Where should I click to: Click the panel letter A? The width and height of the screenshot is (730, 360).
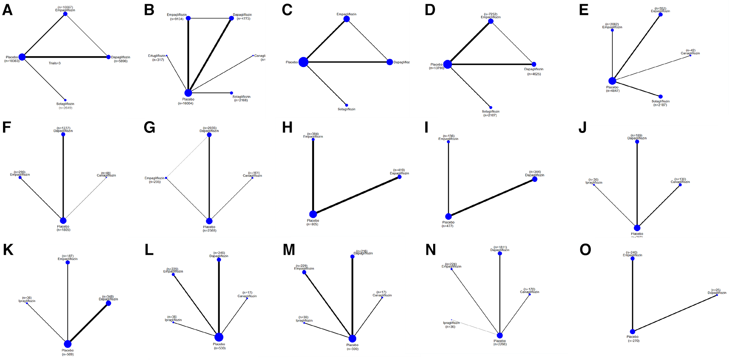[x=7, y=10]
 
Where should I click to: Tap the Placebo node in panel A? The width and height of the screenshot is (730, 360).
[x=22, y=57]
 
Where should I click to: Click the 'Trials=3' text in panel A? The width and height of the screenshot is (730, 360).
[x=55, y=63]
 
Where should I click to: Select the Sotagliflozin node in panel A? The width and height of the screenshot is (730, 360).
[x=65, y=100]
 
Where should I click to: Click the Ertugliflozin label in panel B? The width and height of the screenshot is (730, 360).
[x=156, y=56]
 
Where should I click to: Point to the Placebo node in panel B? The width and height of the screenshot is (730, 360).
[x=188, y=93]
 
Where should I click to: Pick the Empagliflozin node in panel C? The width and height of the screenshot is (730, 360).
[x=347, y=19]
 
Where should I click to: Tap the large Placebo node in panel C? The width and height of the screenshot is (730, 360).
[x=304, y=62]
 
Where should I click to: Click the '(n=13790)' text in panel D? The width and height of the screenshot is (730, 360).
[x=437, y=68]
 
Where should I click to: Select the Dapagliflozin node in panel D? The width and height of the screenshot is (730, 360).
[x=534, y=64]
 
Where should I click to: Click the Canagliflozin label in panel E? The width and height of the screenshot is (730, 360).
[x=690, y=54]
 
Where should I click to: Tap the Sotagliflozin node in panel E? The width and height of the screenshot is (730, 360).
[x=660, y=97]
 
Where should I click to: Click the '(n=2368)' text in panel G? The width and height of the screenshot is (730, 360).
[x=209, y=231]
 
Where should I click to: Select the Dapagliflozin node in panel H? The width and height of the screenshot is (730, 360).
[x=399, y=177]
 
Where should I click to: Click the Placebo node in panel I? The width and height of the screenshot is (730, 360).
[x=448, y=217]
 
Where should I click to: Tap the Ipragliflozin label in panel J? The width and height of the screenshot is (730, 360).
[x=594, y=183]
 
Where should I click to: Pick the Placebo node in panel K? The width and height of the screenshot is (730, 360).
[x=68, y=344]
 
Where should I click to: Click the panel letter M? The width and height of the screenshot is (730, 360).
[x=289, y=250]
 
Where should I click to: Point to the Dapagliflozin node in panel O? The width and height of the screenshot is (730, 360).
[x=717, y=295]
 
